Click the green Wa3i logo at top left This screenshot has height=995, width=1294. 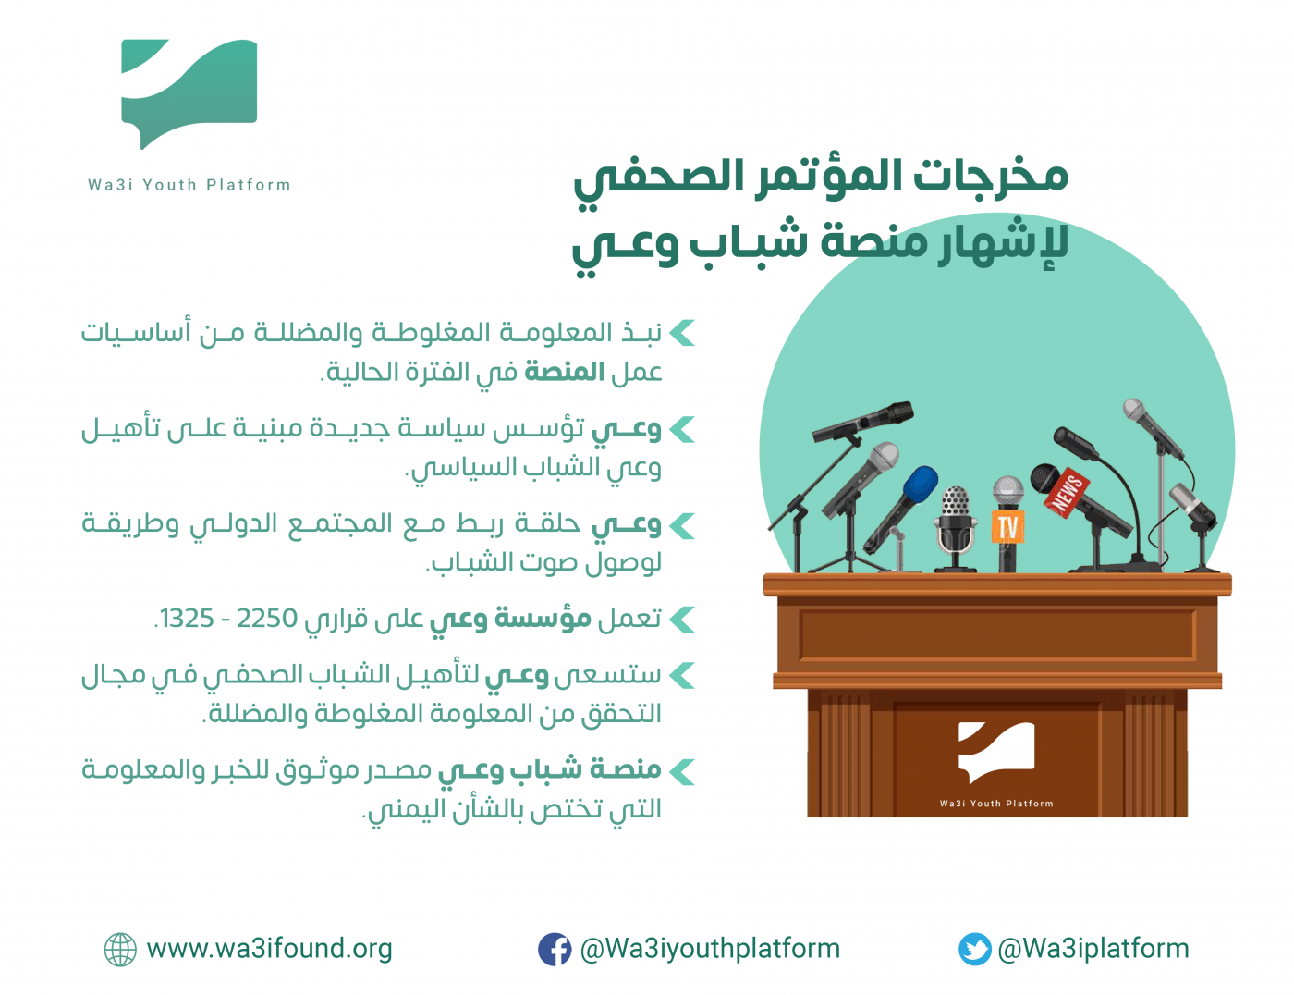point(189,92)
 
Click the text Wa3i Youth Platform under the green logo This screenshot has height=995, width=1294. point(189,185)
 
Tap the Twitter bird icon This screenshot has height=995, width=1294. point(974,949)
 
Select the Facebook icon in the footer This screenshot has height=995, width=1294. point(555,949)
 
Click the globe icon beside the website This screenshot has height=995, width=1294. point(120,949)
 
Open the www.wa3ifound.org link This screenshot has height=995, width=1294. point(270,949)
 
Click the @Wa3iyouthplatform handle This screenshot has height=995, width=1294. point(710,949)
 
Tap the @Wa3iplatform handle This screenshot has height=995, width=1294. point(1093,949)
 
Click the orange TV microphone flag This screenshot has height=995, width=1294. point(1007,526)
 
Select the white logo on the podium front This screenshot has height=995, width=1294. point(995,752)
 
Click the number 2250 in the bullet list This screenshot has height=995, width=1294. point(267,618)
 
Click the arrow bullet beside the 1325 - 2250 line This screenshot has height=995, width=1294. point(682,619)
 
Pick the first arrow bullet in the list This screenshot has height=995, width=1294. point(682,332)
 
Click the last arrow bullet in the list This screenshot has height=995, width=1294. point(682,770)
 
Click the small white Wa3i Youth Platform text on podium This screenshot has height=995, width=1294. point(996,804)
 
